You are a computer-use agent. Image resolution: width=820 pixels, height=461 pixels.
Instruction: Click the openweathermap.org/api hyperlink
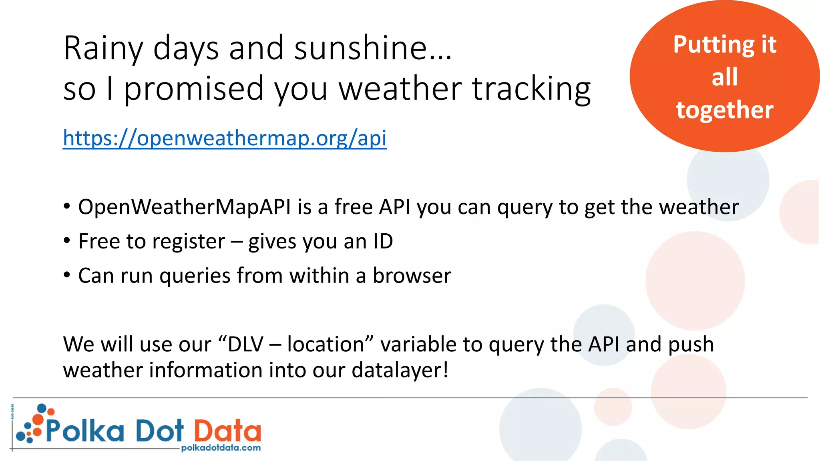tap(225, 138)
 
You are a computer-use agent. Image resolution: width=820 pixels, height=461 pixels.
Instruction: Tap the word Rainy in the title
tap(103, 48)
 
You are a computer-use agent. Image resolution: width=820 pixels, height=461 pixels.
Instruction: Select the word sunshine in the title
tap(360, 48)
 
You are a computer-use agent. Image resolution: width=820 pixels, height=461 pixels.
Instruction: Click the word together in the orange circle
tap(725, 110)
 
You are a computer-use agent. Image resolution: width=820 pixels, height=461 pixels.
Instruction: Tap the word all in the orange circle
tap(724, 77)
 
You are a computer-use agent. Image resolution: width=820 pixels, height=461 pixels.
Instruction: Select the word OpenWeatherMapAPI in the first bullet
tap(184, 207)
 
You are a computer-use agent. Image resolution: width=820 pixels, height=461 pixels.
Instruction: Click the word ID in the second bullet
tap(383, 241)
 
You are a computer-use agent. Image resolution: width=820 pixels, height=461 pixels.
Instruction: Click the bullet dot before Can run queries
tap(67, 275)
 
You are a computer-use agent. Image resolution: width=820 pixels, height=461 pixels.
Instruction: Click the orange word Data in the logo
tap(227, 431)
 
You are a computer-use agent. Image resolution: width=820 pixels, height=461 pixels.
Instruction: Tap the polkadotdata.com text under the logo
tap(221, 448)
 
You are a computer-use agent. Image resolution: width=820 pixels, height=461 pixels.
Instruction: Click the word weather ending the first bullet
tap(699, 207)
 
